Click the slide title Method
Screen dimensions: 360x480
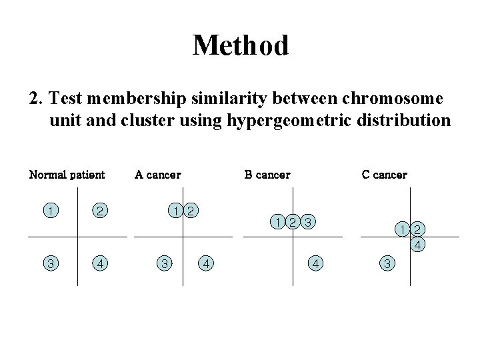[240, 45]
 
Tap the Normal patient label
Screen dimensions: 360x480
[67, 175]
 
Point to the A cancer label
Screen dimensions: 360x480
[157, 175]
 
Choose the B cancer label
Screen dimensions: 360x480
[267, 175]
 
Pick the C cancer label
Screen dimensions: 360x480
[384, 175]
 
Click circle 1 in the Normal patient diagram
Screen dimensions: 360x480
[50, 211]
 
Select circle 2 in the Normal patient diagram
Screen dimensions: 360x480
[99, 211]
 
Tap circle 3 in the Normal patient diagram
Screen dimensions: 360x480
[50, 263]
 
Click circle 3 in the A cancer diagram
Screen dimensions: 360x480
[163, 263]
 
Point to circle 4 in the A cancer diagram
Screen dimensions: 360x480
[207, 263]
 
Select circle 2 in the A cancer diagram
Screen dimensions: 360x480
[190, 211]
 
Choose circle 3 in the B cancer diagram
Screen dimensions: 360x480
[307, 221]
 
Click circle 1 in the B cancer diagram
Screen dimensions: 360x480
[277, 221]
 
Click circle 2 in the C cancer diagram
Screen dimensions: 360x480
[417, 230]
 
